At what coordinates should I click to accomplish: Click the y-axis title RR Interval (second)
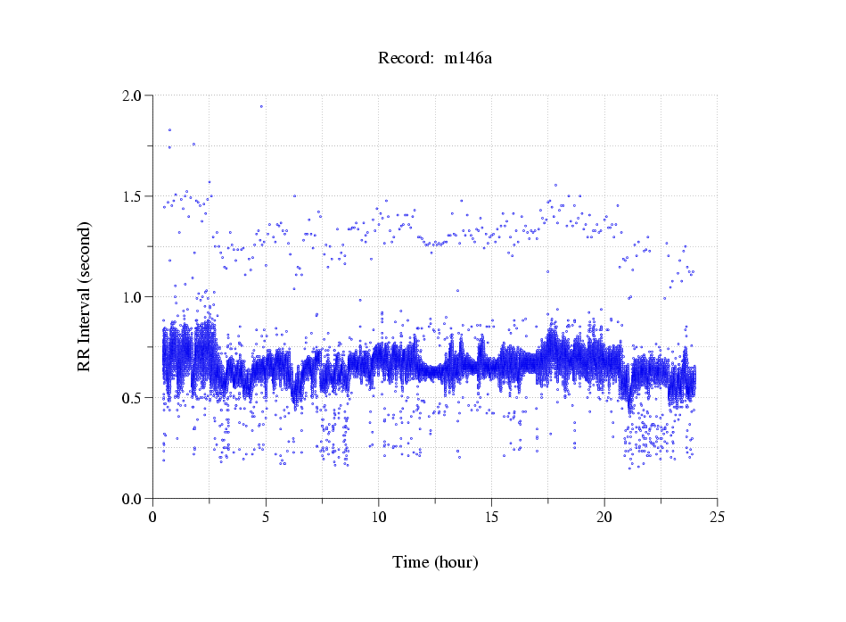tap(84, 296)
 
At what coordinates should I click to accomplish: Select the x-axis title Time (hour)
tap(435, 562)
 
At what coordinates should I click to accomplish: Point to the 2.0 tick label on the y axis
tap(133, 95)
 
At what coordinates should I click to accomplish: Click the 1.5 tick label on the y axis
tap(133, 196)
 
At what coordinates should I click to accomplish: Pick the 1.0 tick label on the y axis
tap(133, 297)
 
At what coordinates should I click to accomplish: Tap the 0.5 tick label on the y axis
tap(133, 398)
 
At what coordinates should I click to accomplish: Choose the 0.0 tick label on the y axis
tap(133, 499)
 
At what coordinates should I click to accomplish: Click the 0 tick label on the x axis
tap(153, 517)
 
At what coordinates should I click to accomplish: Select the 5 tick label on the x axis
tap(266, 517)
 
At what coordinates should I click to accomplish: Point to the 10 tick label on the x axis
tap(379, 517)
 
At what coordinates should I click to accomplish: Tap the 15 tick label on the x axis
tap(491, 517)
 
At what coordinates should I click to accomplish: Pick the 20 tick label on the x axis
tap(604, 517)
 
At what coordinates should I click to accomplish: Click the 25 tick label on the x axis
tap(717, 517)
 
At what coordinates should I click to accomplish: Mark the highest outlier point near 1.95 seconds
tap(261, 106)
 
